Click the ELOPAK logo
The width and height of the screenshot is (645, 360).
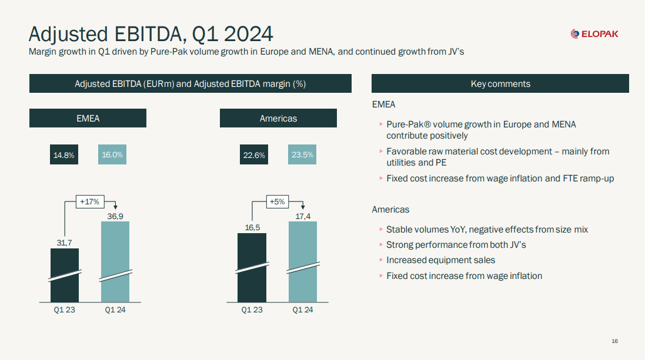pyautogui.click(x=594, y=34)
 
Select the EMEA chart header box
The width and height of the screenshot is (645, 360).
pyautogui.click(x=88, y=119)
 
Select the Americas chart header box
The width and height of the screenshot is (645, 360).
pyautogui.click(x=278, y=119)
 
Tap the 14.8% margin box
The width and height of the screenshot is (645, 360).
pyautogui.click(x=64, y=155)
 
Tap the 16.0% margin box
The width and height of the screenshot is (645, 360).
pyautogui.click(x=112, y=155)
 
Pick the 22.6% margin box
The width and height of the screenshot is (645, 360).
pyautogui.click(x=254, y=155)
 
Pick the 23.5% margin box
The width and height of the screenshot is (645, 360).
pyautogui.click(x=302, y=155)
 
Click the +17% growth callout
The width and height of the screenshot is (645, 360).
pyautogui.click(x=89, y=201)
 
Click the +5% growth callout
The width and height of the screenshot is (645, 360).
pyautogui.click(x=277, y=201)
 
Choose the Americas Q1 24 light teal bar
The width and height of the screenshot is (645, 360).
pyautogui.click(x=303, y=262)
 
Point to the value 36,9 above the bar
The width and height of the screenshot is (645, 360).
pyautogui.click(x=115, y=216)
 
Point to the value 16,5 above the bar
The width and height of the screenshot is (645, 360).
pyautogui.click(x=252, y=227)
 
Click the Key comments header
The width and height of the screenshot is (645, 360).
pyautogui.click(x=500, y=84)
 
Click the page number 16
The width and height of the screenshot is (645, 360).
pyautogui.click(x=614, y=341)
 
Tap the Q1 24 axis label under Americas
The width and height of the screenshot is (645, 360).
pyautogui.click(x=303, y=310)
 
